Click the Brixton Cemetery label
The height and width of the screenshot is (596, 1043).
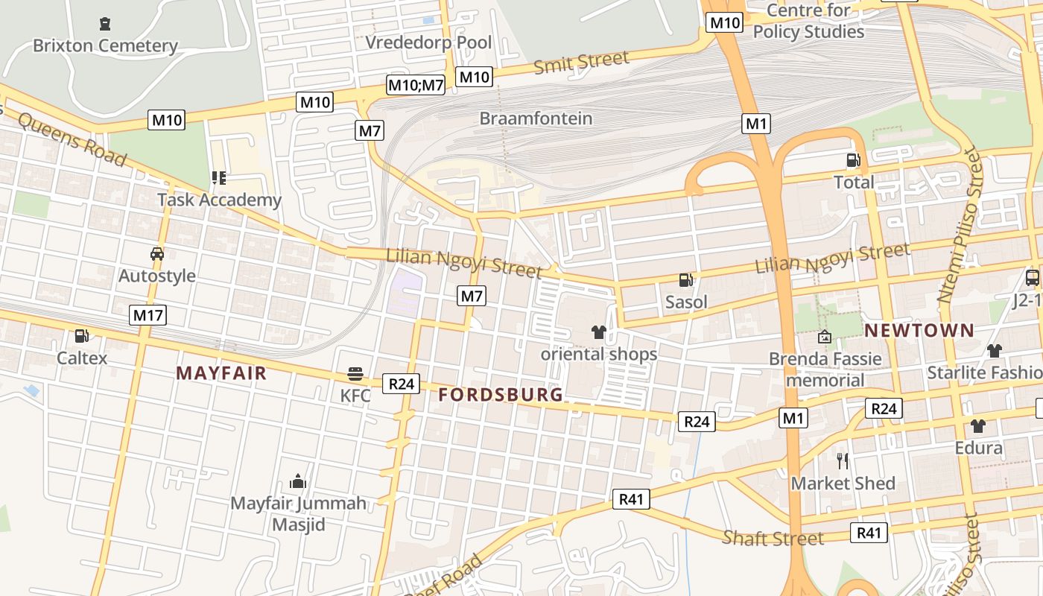tap(105, 45)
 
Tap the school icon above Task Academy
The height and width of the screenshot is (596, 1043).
tap(219, 177)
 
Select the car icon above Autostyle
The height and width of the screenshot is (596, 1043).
tap(157, 253)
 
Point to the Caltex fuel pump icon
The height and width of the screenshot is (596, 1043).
tap(82, 336)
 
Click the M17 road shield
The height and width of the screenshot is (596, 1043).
tap(148, 315)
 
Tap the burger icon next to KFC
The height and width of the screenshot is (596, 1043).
tap(355, 373)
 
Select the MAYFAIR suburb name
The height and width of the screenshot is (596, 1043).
tap(221, 373)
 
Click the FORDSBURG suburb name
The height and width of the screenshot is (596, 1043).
tap(501, 395)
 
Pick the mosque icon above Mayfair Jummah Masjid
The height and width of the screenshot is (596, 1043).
tap(298, 481)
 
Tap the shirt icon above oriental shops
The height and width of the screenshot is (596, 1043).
tap(599, 332)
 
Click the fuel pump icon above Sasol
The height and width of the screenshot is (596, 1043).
tap(686, 280)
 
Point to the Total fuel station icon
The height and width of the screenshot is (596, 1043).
tap(854, 159)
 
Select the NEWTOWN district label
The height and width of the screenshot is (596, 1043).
tap(919, 330)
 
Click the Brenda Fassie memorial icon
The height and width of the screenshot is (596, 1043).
tap(825, 337)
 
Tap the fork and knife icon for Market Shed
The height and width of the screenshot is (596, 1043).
tap(843, 460)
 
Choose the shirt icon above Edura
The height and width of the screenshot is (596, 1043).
tap(978, 425)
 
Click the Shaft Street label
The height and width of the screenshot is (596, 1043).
tap(773, 538)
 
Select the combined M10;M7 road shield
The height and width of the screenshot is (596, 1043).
tap(416, 85)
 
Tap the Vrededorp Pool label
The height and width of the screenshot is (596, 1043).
tap(428, 42)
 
